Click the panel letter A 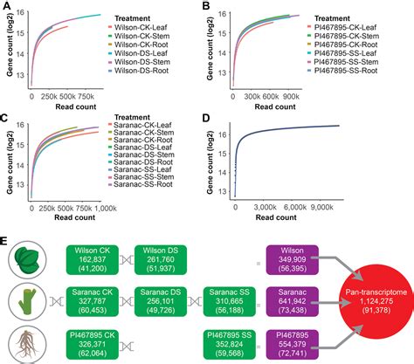click(x=7, y=7)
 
